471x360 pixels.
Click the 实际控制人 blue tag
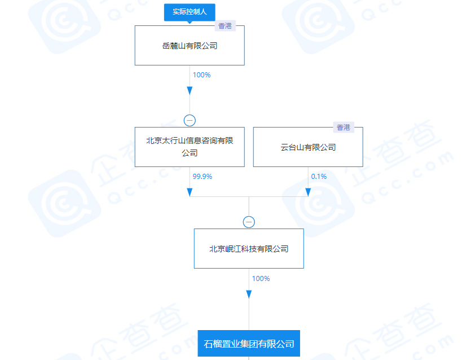point(190,12)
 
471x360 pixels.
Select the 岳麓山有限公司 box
point(190,45)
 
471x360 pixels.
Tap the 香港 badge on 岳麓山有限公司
point(225,26)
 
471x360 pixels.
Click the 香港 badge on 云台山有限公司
point(344,128)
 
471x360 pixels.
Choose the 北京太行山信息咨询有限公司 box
point(190,147)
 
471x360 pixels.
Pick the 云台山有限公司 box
point(308,147)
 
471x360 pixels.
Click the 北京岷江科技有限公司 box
point(249,248)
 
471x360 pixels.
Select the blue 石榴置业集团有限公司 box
point(249,344)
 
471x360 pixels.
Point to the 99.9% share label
point(202,177)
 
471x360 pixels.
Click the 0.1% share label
point(319,177)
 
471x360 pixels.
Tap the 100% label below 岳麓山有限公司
point(201,75)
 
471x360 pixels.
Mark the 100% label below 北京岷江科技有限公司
point(261,279)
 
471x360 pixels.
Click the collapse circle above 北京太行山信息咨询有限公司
point(190,121)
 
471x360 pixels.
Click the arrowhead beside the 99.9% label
point(190,192)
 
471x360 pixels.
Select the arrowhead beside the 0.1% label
point(308,192)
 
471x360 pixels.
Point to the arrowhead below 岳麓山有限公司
point(190,91)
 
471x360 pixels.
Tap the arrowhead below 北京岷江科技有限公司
point(249,295)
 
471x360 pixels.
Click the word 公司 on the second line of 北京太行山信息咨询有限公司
point(190,153)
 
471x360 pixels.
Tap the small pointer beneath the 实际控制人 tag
point(190,22)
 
